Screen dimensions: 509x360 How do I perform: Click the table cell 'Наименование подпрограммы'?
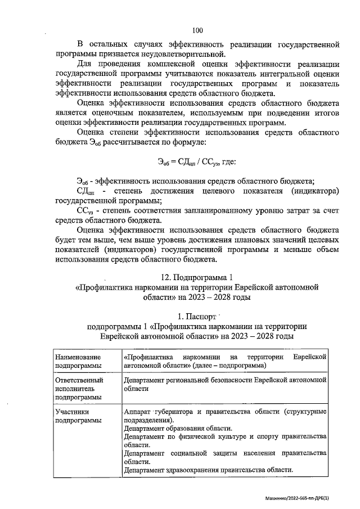tap(78, 361)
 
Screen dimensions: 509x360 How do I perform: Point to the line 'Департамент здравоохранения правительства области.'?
tap(208, 470)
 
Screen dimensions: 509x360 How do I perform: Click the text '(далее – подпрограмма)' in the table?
tap(228, 366)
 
